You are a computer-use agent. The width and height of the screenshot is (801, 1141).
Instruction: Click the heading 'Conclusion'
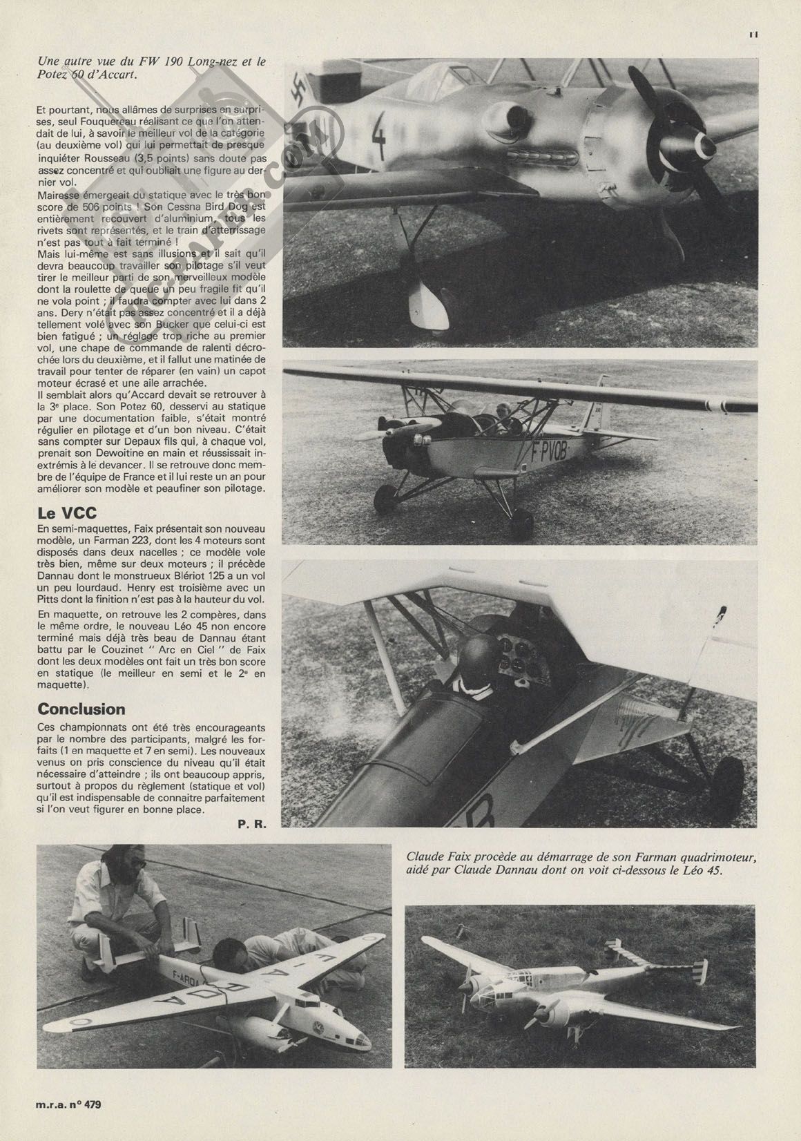pos(81,709)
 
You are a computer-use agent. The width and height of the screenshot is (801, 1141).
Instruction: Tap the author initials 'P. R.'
pos(252,824)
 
